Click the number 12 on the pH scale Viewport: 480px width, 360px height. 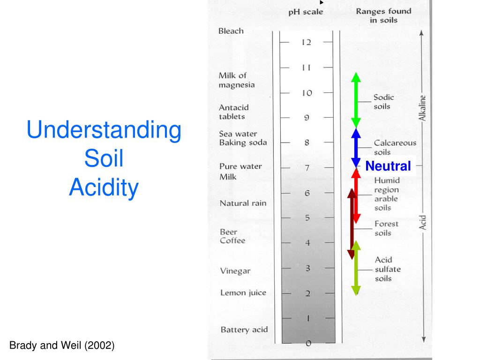point(306,42)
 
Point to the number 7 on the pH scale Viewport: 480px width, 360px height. point(307,168)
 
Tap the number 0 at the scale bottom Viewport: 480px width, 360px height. point(308,344)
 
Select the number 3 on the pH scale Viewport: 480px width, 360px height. point(307,268)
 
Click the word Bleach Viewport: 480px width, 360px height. point(231,31)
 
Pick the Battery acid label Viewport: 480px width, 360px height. point(244,330)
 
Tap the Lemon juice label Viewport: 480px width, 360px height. point(243,293)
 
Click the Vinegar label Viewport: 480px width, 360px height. point(235,271)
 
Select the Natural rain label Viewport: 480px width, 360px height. point(243,203)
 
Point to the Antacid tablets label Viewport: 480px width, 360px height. point(233,112)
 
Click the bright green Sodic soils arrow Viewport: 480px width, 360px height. point(356,100)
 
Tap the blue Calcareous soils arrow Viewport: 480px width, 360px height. point(356,148)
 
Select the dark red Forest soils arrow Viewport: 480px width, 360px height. point(352,224)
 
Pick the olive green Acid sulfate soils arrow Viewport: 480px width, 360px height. point(356,268)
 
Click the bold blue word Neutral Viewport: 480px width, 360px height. point(388,166)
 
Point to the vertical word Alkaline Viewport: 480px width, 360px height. point(422,108)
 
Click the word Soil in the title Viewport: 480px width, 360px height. point(104,158)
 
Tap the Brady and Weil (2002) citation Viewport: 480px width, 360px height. point(62,345)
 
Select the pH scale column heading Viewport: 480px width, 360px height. point(306,12)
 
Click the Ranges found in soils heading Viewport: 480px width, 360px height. point(383,15)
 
